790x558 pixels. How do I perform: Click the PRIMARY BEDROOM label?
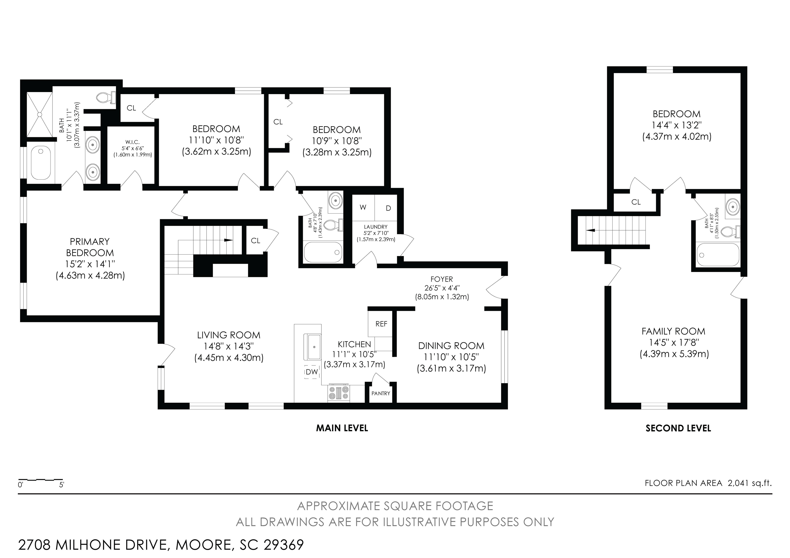coord(90,247)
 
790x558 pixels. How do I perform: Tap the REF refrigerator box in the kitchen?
coord(381,324)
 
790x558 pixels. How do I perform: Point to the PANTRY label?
coord(381,393)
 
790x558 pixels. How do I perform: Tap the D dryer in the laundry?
coord(388,208)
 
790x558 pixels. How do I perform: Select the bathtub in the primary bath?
coord(41,163)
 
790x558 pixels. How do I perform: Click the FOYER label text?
coord(442,279)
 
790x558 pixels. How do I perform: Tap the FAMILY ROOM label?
coord(673,331)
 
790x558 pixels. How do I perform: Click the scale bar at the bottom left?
coord(41,479)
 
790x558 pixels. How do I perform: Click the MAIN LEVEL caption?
coord(342,428)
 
